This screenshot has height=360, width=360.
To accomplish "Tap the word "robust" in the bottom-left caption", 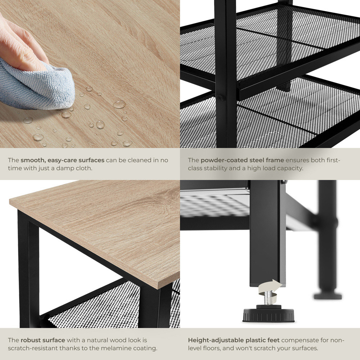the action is [x=30, y=340].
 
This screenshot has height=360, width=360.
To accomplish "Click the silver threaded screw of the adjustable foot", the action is [x=268, y=298].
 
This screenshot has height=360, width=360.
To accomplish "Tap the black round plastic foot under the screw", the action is [x=269, y=314].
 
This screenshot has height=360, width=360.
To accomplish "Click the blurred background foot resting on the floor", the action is [x=328, y=296].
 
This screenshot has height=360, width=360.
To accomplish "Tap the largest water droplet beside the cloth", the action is [x=119, y=104].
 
